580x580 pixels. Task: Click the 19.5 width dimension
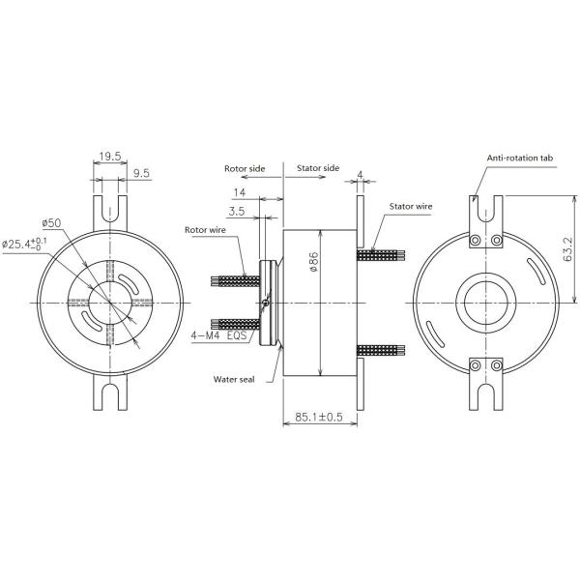click(x=108, y=156)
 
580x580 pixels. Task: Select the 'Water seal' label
click(x=234, y=380)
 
